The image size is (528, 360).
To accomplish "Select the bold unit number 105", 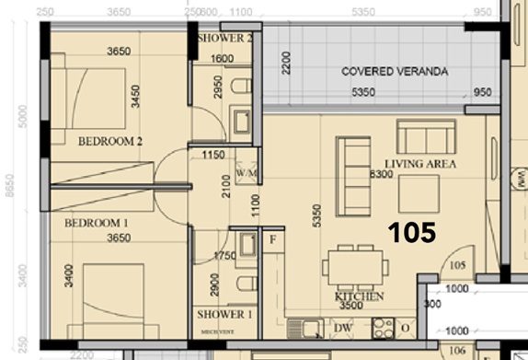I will [411, 233].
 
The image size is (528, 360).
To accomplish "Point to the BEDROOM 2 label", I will [109, 141].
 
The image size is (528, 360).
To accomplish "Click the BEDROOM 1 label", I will [97, 223].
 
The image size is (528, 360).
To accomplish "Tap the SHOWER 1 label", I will [224, 315].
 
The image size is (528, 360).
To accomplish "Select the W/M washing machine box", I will [246, 171].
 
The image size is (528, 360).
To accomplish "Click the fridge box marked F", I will [272, 242].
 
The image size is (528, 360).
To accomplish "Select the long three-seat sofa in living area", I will [352, 176].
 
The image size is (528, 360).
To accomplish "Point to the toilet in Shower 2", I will [242, 87].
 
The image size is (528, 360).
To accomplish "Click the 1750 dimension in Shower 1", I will [225, 256].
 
